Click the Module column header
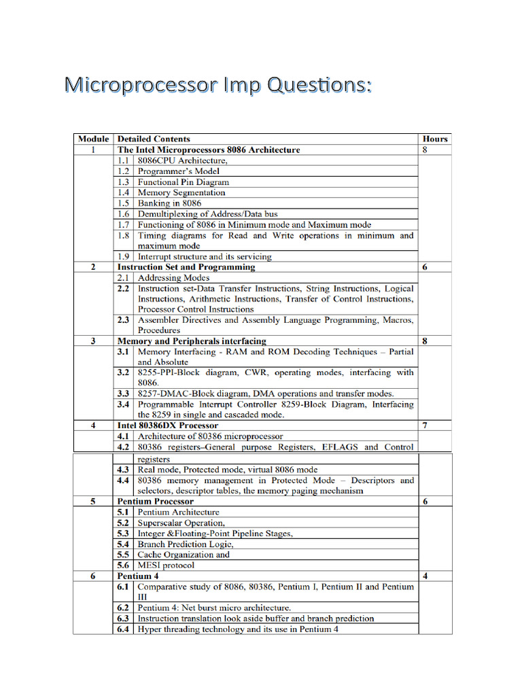click(93, 139)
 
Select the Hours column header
click(435, 139)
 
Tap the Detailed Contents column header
click(154, 139)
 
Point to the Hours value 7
click(425, 425)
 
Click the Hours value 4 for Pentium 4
click(425, 576)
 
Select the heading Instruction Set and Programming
click(186, 267)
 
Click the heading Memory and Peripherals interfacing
click(192, 341)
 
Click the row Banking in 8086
click(169, 203)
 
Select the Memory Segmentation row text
click(181, 192)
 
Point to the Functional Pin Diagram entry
click(183, 182)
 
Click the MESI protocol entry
click(166, 565)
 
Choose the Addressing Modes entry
click(173, 278)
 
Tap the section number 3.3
click(123, 394)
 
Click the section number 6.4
click(123, 629)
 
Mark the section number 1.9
click(123, 257)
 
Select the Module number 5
click(93, 501)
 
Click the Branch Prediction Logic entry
click(186, 544)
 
